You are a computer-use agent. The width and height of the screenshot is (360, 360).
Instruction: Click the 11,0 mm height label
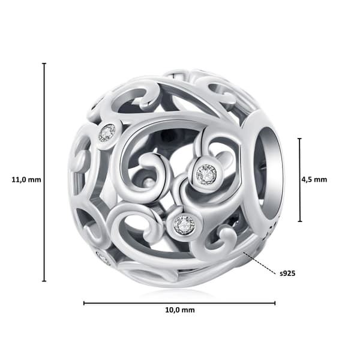26,179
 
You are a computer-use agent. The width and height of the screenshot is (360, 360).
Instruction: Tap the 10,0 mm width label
180,310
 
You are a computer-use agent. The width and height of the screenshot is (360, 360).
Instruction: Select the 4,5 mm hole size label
314,179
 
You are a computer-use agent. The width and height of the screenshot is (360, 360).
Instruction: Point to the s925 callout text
287,274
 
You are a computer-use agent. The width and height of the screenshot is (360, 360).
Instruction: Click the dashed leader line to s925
259,263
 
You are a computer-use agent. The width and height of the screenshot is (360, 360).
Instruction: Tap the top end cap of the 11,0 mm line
44,64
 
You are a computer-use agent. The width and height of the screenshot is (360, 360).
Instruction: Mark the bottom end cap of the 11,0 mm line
44,281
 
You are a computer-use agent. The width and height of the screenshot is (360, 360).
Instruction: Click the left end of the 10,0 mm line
84,303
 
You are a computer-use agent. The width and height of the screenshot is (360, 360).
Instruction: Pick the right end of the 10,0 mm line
275,303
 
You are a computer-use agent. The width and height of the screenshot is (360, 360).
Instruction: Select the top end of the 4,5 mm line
299,139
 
